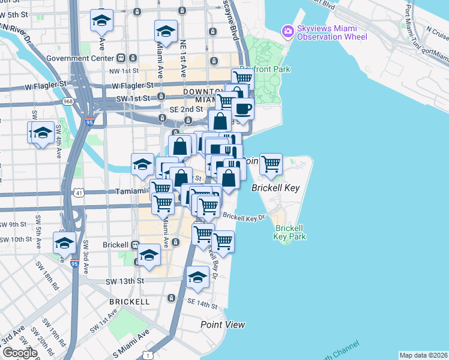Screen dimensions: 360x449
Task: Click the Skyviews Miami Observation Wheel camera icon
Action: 288,31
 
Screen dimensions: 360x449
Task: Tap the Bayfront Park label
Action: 265,69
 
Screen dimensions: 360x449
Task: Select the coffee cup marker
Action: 243,109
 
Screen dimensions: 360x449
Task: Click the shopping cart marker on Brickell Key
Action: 271,163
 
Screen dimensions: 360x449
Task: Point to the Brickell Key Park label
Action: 291,232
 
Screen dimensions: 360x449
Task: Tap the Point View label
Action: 223,325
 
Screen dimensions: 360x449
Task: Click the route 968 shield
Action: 67,101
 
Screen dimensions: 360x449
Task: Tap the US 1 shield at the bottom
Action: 147,355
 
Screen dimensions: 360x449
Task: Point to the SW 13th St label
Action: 125,281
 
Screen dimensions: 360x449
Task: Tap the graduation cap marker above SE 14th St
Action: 197,277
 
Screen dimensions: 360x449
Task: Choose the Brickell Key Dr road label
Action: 244,216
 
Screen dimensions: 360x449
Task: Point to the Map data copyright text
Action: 423,355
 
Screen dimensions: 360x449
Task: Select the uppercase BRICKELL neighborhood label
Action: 129,301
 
